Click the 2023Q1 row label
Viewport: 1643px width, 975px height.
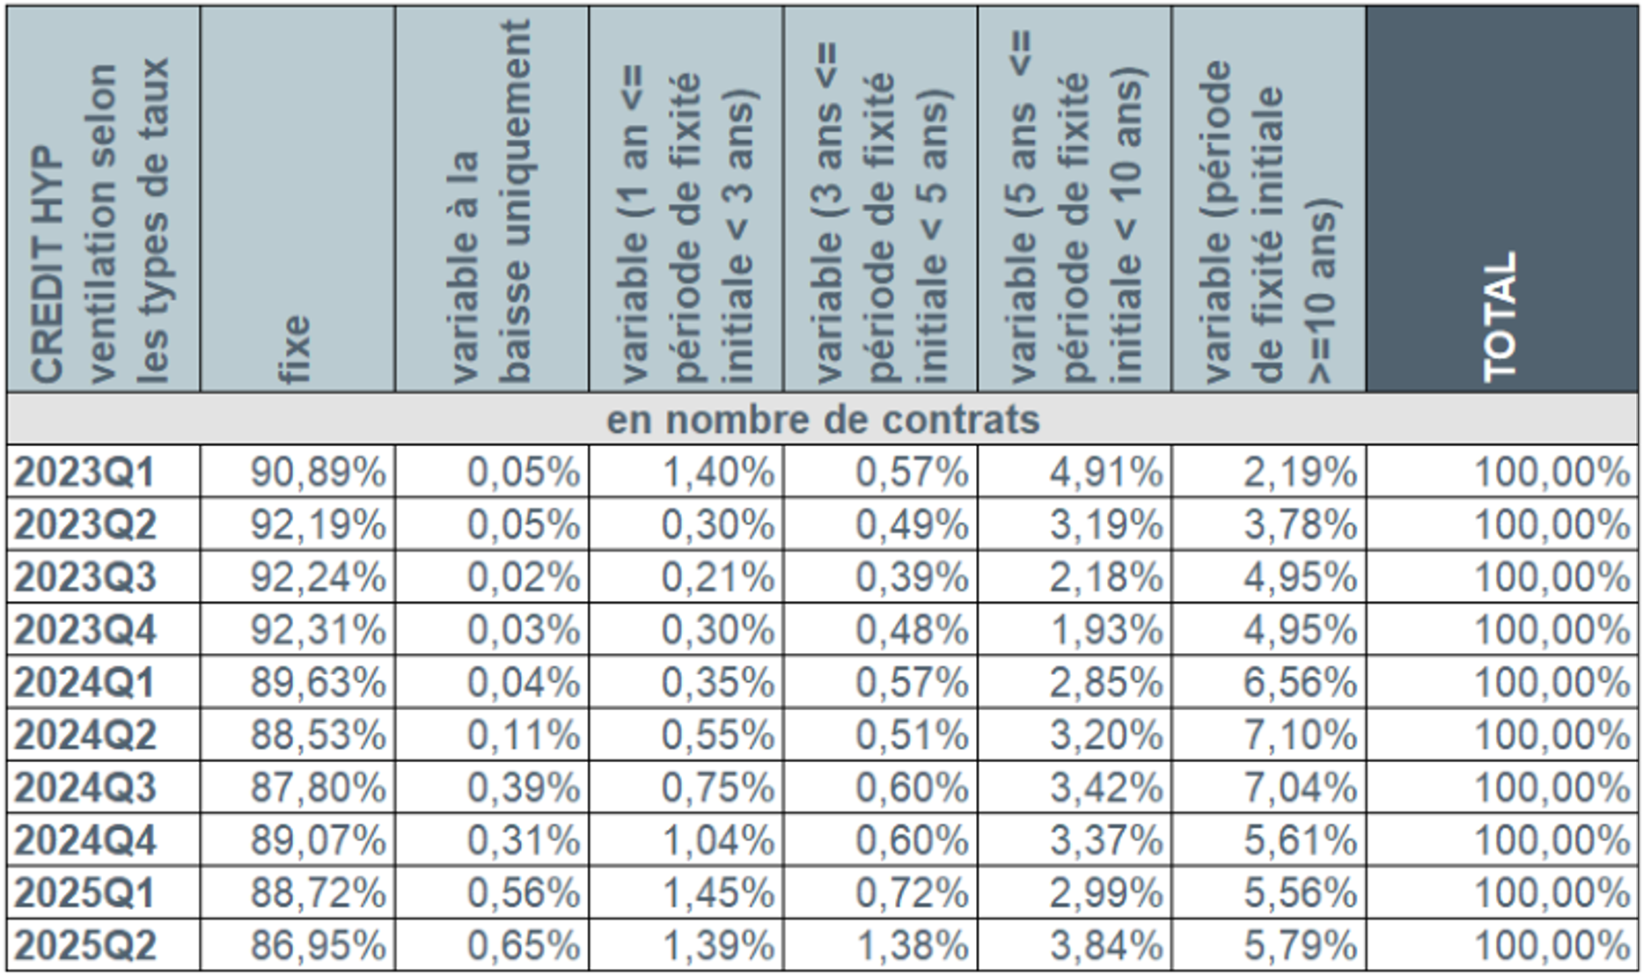pos(84,473)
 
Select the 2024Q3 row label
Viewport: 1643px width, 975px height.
pos(84,788)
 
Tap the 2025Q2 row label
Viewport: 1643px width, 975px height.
pos(84,946)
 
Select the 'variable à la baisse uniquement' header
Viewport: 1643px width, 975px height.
pos(491,202)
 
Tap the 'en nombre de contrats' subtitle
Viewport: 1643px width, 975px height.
pos(822,420)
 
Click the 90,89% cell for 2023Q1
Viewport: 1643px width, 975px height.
pos(318,473)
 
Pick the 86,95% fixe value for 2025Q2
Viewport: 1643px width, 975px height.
pos(318,946)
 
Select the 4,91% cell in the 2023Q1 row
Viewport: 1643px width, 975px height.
pos(1105,473)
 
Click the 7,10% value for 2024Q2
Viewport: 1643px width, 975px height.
pos(1300,735)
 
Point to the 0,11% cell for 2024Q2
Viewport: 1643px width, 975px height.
pos(523,735)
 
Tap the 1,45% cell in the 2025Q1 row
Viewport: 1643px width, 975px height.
pos(717,893)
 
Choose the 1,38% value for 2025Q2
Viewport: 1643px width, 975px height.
pos(912,946)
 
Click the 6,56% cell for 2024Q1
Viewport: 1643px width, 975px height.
pos(1300,683)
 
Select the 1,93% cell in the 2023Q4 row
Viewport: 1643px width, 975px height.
pos(1105,630)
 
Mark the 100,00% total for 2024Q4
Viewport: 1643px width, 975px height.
pos(1551,840)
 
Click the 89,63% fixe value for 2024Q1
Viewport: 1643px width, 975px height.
pos(318,683)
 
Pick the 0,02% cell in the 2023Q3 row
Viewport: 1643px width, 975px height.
pos(523,577)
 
